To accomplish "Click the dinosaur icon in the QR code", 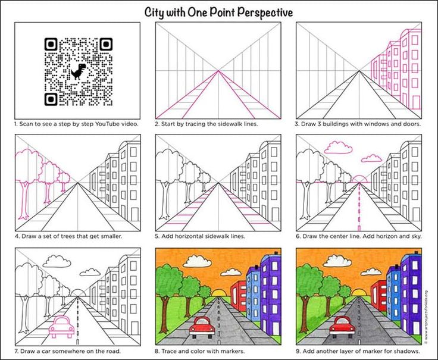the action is [77, 71].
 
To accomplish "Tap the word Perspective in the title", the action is [265, 12].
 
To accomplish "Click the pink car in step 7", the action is [62, 327].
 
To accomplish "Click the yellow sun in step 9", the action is [361, 293].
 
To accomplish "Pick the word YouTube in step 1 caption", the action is [108, 124].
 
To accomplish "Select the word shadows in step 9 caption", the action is [408, 351].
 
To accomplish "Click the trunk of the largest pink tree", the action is [24, 200].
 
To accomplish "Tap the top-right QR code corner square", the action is [106, 44].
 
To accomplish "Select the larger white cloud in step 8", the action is [198, 261].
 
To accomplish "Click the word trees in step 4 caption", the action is [67, 236].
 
